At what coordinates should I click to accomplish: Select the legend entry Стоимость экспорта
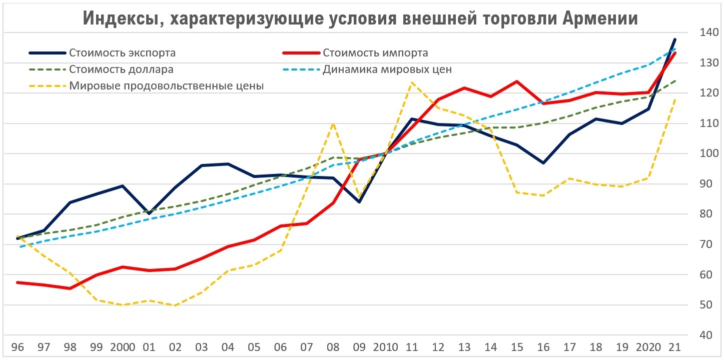(123, 53)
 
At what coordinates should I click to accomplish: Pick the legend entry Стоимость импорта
(375, 53)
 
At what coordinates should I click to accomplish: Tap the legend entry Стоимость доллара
(121, 69)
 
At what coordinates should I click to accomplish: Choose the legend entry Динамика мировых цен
(387, 69)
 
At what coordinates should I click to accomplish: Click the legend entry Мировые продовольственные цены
(166, 85)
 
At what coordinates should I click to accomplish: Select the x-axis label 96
(18, 347)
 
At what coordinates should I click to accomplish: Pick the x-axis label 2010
(386, 347)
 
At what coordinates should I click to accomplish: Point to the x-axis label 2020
(649, 347)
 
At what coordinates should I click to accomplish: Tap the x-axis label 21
(674, 347)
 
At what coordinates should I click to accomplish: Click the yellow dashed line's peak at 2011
(412, 82)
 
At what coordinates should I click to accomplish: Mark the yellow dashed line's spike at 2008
(333, 123)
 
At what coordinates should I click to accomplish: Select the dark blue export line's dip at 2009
(359, 202)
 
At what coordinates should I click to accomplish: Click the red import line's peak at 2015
(517, 81)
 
